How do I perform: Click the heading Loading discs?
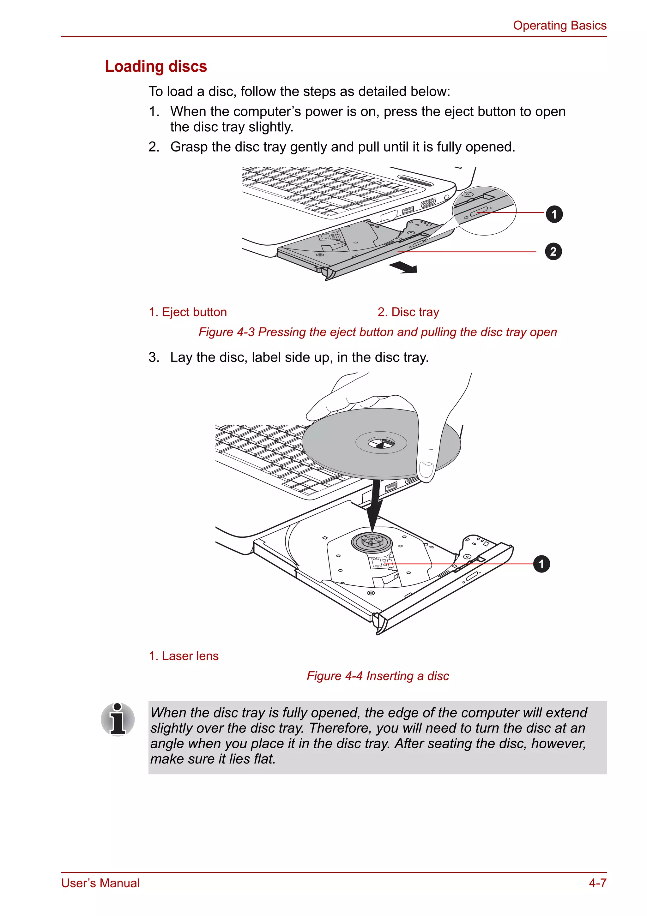[156, 66]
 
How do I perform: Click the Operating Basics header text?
[559, 26]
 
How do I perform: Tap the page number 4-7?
[597, 883]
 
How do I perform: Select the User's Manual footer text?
[100, 883]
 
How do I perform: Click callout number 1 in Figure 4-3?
[553, 214]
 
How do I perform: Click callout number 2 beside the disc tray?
[553, 252]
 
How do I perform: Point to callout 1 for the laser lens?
[541, 564]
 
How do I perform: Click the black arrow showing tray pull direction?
[404, 268]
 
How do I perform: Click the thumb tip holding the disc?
[426, 470]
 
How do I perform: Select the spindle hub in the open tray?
[372, 542]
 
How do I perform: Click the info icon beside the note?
[118, 719]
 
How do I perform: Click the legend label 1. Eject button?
[188, 312]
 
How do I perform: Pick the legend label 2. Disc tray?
[408, 312]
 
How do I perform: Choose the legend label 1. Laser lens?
[184, 656]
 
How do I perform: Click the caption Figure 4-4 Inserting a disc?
[378, 676]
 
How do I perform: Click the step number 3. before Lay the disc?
[154, 357]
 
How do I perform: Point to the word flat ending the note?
[263, 759]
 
